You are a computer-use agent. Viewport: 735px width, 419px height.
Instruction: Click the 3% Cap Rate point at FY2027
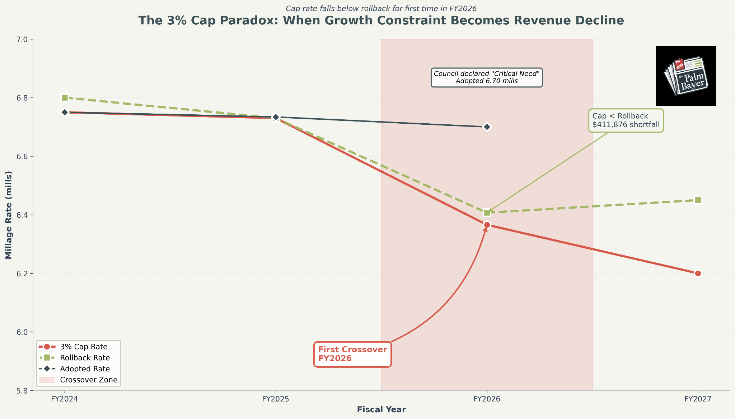698,273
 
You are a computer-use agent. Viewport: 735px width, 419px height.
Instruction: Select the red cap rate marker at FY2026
487,225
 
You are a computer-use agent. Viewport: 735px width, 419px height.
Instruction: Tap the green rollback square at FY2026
487,213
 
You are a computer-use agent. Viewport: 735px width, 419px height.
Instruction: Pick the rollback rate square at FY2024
65,97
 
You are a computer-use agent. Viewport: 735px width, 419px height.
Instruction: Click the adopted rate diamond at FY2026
487,127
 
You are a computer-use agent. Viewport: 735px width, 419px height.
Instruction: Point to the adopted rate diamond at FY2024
65,112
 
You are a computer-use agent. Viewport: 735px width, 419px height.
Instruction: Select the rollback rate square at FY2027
698,200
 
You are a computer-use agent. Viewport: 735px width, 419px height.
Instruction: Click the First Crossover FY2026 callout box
352,354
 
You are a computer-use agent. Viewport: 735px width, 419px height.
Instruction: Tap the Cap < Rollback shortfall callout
626,120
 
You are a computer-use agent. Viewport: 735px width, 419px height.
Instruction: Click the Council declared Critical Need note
487,77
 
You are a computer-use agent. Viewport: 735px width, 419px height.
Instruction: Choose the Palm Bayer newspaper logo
685,76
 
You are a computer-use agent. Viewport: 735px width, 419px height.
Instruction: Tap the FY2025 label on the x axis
276,399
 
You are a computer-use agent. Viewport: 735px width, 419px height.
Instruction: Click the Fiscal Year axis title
381,410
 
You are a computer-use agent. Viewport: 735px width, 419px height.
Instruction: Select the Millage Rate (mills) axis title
9,215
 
